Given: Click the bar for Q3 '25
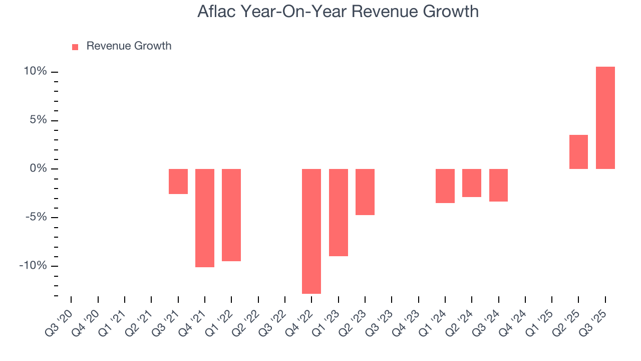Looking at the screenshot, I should (605, 118).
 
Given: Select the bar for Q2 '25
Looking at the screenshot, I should (578, 152).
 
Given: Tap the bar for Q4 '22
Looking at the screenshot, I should (311, 231).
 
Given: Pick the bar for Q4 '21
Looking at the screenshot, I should (205, 218).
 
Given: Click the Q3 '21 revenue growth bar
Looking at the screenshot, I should (178, 182).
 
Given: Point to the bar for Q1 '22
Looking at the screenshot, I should (231, 215).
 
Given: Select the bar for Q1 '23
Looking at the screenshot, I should (339, 213).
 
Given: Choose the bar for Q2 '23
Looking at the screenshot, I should (365, 192).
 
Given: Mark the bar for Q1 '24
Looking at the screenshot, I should (445, 186).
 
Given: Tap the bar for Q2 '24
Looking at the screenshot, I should (472, 183).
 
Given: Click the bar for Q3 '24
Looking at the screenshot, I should (498, 186).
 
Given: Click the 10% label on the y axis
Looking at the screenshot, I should (36, 72).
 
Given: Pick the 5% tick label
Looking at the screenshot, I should (38, 120).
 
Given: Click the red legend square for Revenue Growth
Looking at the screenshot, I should (75, 47).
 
